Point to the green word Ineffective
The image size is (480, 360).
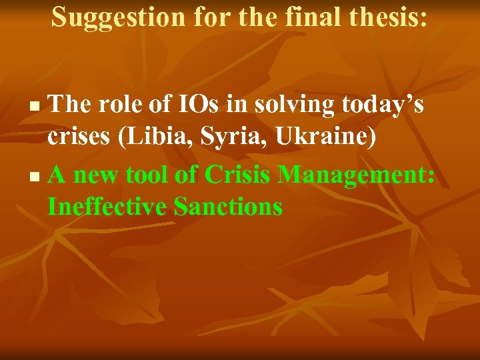tap(107, 207)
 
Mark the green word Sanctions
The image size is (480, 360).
tap(228, 207)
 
